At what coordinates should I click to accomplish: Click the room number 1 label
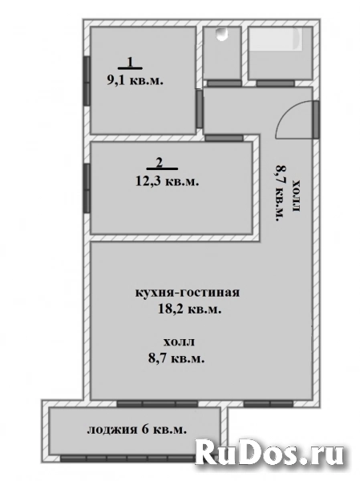[130, 63]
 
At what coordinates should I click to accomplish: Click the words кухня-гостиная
[188, 293]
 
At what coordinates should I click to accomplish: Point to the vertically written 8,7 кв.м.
[281, 193]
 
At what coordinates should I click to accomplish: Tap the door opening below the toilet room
[222, 83]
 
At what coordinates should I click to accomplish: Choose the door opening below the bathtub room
[278, 82]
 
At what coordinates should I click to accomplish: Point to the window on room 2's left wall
[86, 185]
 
